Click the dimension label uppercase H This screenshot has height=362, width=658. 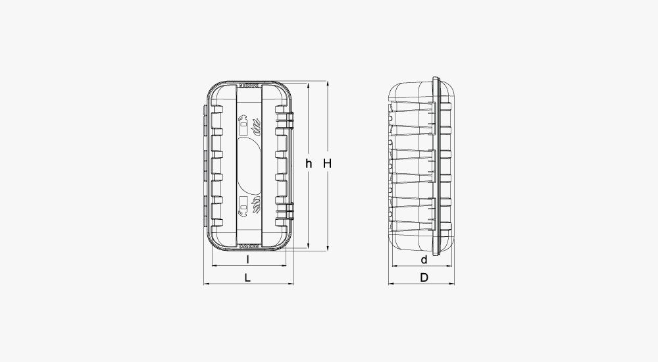point(326,163)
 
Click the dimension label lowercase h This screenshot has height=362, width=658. point(308,163)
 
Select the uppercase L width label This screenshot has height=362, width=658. point(247,278)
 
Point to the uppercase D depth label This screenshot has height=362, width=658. point(424,278)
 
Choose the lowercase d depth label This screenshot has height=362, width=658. point(424,259)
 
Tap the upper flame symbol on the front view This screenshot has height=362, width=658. point(258,124)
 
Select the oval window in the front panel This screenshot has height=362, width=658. point(249,165)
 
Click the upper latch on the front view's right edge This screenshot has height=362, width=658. point(285,121)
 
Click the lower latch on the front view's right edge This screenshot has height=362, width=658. point(285,209)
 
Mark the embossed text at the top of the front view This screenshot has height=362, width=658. point(248,86)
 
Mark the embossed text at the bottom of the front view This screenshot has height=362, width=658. point(248,243)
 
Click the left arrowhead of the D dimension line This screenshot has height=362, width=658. point(390,284)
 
